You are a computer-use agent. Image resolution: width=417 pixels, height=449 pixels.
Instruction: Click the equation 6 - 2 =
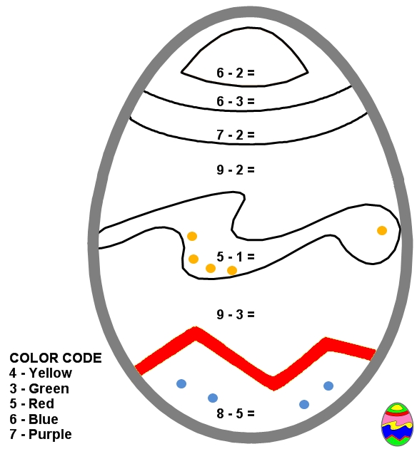[x=236, y=73]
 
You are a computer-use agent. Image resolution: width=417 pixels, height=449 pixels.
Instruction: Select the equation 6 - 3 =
[x=236, y=101]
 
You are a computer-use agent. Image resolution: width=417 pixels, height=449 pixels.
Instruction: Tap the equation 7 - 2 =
[x=236, y=135]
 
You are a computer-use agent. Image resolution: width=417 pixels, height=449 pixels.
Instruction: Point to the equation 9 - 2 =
[x=236, y=170]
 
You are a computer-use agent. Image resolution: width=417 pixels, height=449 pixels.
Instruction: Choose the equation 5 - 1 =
[x=236, y=257]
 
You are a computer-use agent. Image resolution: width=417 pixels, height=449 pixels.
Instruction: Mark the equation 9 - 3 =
[x=236, y=314]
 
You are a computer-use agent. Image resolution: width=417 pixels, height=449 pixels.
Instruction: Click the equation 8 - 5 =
[x=236, y=413]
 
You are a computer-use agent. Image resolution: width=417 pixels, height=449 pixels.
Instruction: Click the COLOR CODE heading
[x=56, y=358]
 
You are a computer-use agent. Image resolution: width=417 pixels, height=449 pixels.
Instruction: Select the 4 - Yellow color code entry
[x=41, y=373]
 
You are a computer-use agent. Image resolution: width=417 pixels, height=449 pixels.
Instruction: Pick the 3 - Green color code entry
[x=39, y=388]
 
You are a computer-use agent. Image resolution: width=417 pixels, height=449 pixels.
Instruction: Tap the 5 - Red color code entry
[x=31, y=404]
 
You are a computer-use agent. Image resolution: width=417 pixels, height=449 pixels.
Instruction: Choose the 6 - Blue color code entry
[x=34, y=419]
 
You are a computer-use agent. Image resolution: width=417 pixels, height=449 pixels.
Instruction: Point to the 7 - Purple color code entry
[x=41, y=435]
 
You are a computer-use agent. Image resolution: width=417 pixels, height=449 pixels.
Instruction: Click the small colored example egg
[x=397, y=424]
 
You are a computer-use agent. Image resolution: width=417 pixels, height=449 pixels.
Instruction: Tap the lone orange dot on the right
[x=382, y=230]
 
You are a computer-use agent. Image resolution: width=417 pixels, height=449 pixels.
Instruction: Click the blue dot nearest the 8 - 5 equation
[x=213, y=398]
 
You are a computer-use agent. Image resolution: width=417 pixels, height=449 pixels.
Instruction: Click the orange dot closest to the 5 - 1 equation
[x=232, y=270]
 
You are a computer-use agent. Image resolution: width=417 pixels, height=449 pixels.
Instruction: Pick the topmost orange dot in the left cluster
[x=192, y=236]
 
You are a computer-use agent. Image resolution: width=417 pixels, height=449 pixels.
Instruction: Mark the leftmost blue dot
[x=181, y=383]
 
